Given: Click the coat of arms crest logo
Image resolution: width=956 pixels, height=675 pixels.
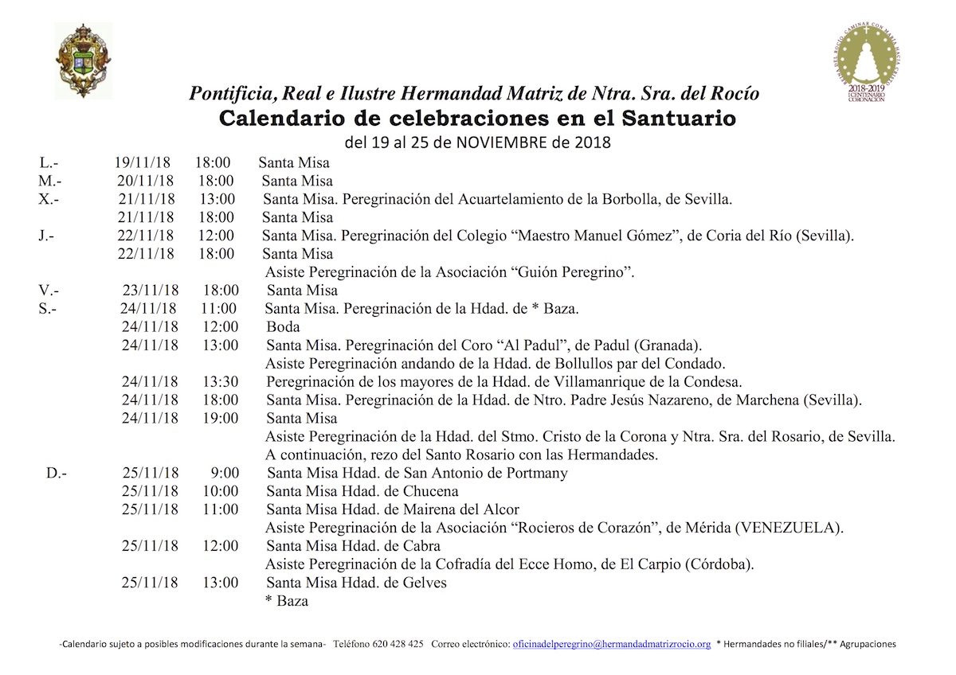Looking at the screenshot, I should [84, 60].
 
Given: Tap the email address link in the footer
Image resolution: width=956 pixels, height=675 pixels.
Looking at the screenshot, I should [611, 644].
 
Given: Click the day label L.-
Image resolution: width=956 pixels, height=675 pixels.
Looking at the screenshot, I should [49, 163].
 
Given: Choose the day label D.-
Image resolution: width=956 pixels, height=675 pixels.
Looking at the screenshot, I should [57, 474].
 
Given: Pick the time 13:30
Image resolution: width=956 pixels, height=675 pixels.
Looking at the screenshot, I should [220, 381].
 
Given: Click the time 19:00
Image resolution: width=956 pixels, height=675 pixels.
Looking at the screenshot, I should [220, 418].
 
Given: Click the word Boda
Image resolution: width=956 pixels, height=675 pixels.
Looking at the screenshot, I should [284, 327].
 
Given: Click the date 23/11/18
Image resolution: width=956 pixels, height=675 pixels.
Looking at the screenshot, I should [151, 291].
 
